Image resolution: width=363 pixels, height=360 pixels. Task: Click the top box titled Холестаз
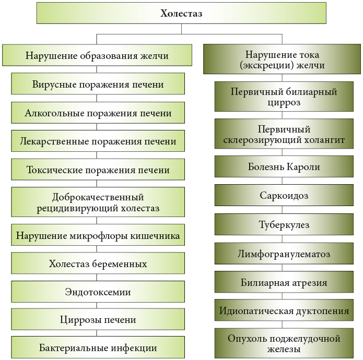point(181,13)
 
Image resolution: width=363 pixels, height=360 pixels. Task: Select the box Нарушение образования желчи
point(97,55)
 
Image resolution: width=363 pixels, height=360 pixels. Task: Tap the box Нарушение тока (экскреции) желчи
point(282,59)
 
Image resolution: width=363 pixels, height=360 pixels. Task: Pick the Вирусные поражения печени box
point(98,83)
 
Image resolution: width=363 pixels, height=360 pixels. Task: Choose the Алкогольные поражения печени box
point(98,113)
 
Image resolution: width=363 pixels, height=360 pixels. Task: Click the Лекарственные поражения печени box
point(98,141)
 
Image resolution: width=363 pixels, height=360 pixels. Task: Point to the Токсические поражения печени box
point(98,170)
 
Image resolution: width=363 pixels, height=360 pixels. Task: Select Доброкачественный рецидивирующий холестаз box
point(98,202)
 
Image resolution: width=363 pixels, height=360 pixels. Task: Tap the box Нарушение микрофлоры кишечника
point(98,235)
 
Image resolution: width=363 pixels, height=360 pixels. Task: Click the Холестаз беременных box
point(98,263)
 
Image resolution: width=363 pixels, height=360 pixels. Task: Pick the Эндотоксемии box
point(98,292)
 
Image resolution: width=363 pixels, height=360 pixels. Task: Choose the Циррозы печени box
point(98,319)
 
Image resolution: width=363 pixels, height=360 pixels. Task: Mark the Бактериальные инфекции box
point(98,347)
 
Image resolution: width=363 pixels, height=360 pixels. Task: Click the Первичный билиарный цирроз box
point(284,97)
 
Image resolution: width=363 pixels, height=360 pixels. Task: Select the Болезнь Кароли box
point(284,167)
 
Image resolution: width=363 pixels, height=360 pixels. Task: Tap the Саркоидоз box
point(284,195)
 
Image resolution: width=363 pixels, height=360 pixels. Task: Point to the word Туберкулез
point(284,224)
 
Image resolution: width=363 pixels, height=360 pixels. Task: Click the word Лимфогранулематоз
point(284,254)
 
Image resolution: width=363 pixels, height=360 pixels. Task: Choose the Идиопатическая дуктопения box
point(284,310)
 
